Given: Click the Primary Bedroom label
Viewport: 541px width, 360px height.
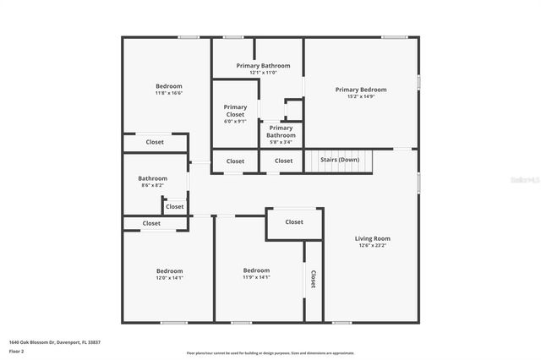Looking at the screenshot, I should coord(361,90).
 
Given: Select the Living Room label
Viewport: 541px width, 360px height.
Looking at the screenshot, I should coord(372,238).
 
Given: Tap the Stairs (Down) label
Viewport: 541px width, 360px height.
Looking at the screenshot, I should coord(337,160).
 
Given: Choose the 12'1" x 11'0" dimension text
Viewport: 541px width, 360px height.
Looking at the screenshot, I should coord(263,73).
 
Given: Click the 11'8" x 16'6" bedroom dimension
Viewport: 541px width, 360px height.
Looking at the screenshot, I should coord(168,93).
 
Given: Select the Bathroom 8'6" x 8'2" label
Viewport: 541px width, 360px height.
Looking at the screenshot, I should coord(153,178).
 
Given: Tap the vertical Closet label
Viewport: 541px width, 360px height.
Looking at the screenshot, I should coord(313,280).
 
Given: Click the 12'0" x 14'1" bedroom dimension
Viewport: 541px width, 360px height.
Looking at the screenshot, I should coord(168,277).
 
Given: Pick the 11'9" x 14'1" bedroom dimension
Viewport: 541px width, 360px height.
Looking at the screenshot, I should coord(256,277).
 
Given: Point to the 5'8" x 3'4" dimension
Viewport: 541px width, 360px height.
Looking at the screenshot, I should coord(281,142).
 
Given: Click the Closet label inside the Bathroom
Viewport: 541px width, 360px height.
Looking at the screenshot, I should coord(174,206).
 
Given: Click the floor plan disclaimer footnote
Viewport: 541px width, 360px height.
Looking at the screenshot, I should coord(270,353).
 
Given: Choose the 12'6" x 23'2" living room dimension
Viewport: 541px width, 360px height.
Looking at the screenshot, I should coord(372,245).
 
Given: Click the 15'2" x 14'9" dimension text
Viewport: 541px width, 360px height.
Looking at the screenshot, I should coord(361,97).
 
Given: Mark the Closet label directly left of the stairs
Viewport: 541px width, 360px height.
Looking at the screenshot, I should coord(283,161).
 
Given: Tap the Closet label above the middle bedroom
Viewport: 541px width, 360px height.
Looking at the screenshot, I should coord(294,222).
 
